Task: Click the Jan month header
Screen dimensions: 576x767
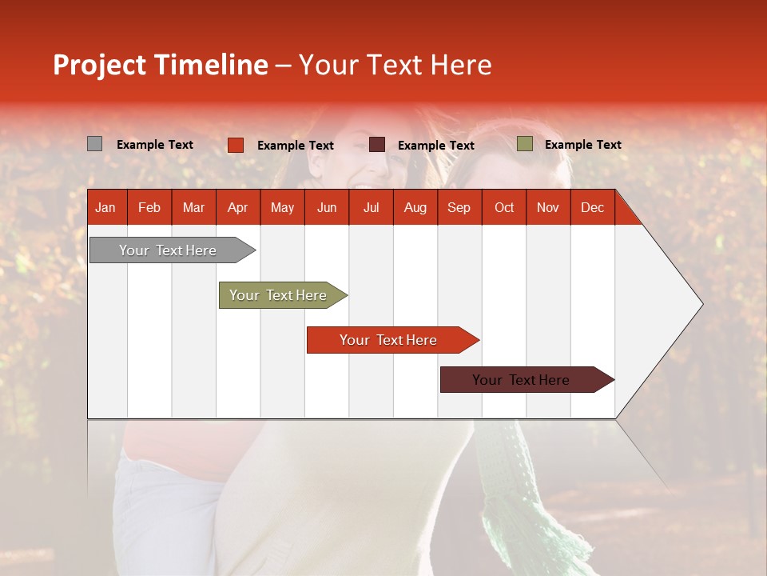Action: point(106,207)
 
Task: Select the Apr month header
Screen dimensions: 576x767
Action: point(238,207)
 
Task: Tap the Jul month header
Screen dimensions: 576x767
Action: point(371,207)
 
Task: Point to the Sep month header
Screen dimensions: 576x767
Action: point(459,207)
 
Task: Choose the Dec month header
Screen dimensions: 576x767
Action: point(592,207)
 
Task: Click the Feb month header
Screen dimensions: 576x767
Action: point(149,207)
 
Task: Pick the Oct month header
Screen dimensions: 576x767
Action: point(504,207)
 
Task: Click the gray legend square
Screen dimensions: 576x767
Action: point(94,144)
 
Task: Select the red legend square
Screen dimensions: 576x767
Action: point(235,145)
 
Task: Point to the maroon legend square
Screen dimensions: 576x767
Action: point(376,145)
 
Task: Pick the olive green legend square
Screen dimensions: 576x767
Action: point(524,144)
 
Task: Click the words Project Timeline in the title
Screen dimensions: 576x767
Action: point(161,65)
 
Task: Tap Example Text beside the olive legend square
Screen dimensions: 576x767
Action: point(582,145)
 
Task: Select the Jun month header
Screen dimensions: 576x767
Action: point(327,207)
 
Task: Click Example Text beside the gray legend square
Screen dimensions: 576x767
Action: point(154,145)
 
